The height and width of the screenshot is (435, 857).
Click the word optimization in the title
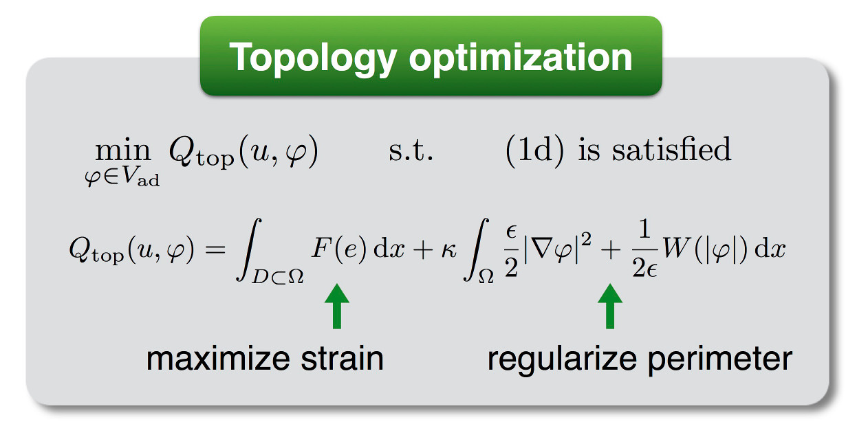521,57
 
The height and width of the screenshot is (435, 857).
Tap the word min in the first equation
123,149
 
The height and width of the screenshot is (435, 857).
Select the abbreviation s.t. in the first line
411,150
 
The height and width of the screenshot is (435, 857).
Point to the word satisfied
671,149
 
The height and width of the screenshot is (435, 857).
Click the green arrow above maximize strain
337,306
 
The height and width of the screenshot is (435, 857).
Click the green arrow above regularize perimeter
610,306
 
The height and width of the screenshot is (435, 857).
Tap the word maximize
219,359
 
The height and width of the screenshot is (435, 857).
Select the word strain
342,359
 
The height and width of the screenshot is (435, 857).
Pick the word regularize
562,361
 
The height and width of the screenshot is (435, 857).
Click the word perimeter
720,361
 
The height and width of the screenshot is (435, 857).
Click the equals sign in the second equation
215,250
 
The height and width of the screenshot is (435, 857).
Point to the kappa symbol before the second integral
448,250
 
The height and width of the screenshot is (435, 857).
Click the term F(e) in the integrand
339,248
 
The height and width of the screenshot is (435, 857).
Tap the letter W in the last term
676,248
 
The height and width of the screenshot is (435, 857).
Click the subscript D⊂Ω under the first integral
278,276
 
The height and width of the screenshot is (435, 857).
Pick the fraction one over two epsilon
645,248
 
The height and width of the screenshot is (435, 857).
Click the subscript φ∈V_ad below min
122,177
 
